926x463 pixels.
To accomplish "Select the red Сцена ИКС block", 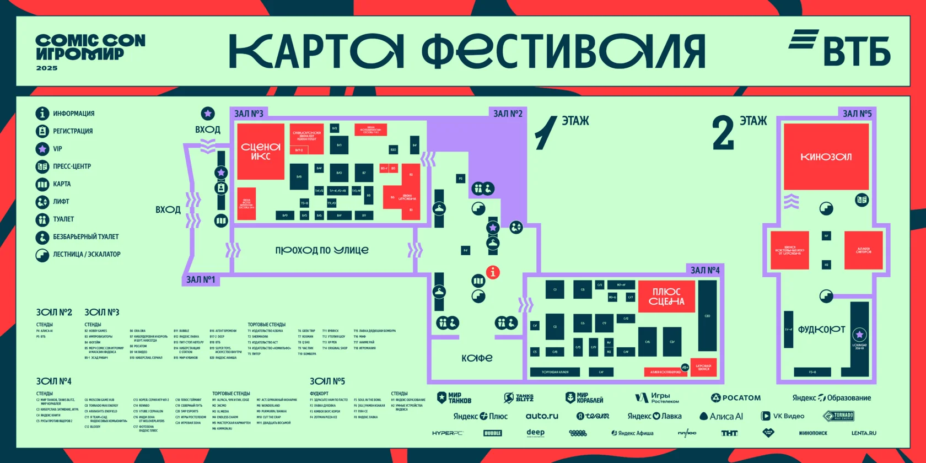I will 261,151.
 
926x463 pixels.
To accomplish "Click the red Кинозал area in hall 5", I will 826,157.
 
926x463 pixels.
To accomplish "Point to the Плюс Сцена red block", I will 666,297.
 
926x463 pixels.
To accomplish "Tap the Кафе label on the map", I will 477,358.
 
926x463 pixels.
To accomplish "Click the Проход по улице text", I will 322,250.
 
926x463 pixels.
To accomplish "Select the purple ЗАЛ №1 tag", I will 201,279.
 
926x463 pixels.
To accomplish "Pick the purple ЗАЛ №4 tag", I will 705,270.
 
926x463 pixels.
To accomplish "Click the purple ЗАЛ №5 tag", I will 857,114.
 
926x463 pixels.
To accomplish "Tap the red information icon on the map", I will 493,272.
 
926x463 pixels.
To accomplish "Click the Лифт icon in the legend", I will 42,202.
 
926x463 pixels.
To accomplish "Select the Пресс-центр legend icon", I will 42,166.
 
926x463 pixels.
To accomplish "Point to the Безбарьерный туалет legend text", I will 85,237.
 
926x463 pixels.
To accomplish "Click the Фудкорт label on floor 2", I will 821,330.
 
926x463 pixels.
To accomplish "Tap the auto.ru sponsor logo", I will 542,416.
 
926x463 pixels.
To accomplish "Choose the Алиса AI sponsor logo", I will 721,416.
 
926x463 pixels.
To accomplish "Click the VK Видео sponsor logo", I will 783,416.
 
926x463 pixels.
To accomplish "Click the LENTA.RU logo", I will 863,433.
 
